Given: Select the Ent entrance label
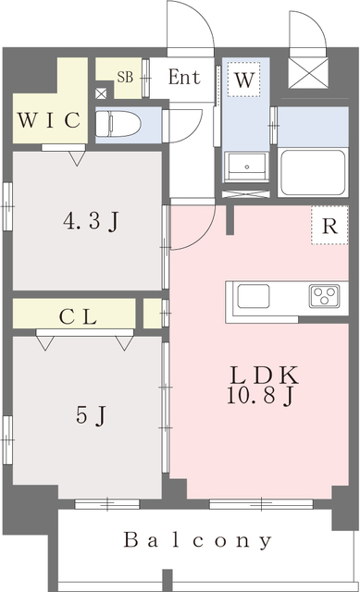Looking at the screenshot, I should (183, 78).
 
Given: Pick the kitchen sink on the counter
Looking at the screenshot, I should (254, 297).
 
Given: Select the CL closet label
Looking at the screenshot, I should (79, 316).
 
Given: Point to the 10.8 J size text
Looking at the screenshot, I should (262, 399).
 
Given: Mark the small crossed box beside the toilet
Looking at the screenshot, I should (101, 92).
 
